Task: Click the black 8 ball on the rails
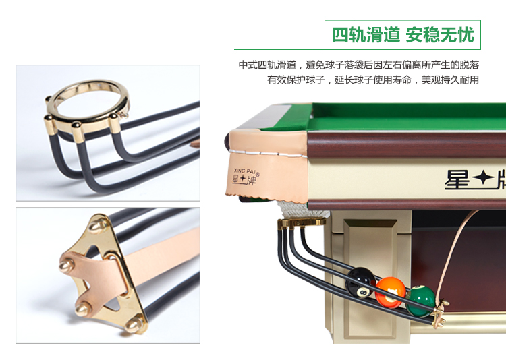click(x=360, y=282)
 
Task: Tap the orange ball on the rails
click(x=391, y=293)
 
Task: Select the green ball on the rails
click(x=420, y=301)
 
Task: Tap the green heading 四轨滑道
click(x=366, y=35)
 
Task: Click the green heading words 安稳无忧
click(x=440, y=35)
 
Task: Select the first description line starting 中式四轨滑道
click(x=358, y=65)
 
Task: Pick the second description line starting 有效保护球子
click(x=372, y=80)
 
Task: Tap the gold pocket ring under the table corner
click(x=302, y=222)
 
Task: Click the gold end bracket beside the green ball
click(x=440, y=312)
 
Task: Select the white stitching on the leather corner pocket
click(x=268, y=154)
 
